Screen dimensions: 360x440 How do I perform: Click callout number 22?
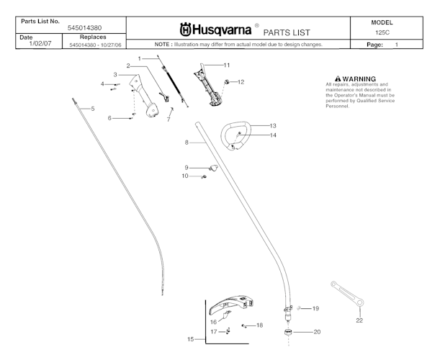point(359,320)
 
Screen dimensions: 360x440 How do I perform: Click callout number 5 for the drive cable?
point(92,108)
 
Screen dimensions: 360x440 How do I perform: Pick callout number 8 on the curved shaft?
point(186,143)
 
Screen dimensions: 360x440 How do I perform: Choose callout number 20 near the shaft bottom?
point(316,332)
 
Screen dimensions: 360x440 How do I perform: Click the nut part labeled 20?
point(287,332)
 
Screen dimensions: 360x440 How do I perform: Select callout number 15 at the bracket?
point(190,338)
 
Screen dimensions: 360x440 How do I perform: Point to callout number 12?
point(241,82)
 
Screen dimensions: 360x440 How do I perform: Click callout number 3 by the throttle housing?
point(115,74)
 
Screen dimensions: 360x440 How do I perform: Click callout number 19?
point(315,308)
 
